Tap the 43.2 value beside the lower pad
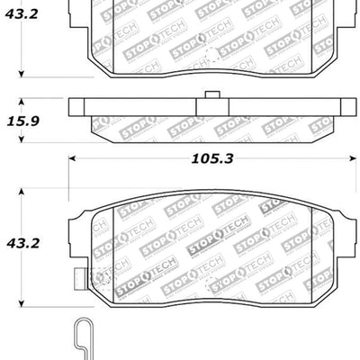coord(22,242)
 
